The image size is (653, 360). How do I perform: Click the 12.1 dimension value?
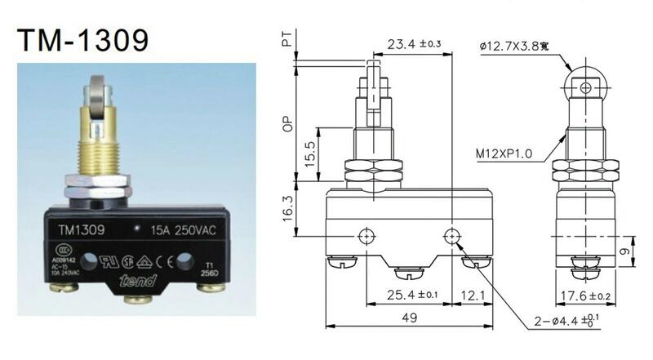coord(469,294)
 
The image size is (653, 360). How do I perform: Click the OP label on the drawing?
coord(287,124)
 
